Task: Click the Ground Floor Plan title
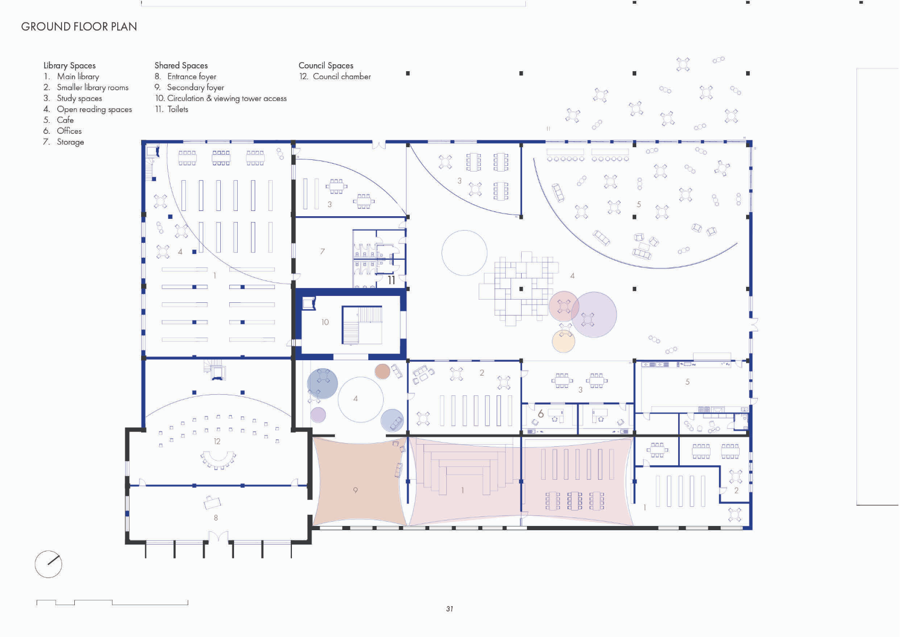tap(79, 27)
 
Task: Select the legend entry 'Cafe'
tap(65, 120)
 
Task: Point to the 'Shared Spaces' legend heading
tap(181, 65)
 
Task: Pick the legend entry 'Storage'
tap(70, 142)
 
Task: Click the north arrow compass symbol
tap(48, 564)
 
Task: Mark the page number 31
tap(449, 609)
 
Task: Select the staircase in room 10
tap(362, 325)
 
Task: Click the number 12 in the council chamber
tap(217, 441)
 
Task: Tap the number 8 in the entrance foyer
tap(215, 517)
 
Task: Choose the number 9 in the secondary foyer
tap(355, 490)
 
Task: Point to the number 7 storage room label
tap(322, 251)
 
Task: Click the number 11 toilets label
tap(391, 280)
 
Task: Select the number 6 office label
tap(541, 413)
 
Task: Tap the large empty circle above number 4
tap(464, 253)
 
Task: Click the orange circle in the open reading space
tap(564, 341)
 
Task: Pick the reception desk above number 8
tap(212, 501)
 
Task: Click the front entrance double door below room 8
tap(218, 538)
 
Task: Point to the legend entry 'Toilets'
tap(177, 109)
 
